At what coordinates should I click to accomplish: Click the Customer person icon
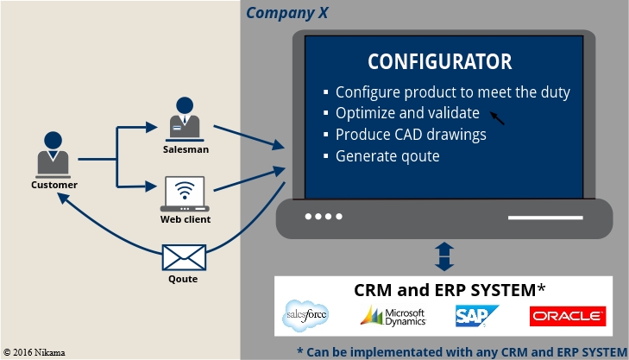click(53, 154)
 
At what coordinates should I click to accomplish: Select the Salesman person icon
click(185, 119)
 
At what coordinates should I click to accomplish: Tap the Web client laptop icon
click(185, 194)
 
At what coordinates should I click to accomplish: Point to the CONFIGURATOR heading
click(439, 62)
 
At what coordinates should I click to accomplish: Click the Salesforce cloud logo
click(306, 317)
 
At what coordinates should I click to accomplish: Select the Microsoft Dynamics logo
click(393, 316)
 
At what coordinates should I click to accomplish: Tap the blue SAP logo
click(477, 317)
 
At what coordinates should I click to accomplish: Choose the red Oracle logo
click(567, 316)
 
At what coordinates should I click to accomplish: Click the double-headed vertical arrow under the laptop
click(443, 256)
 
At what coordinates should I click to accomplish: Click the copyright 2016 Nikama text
click(35, 352)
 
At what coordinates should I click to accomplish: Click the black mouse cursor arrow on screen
click(496, 117)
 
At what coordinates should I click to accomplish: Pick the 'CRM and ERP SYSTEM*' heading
click(450, 290)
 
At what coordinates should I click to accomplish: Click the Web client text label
click(186, 219)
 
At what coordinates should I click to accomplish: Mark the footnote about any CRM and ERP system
click(462, 351)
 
